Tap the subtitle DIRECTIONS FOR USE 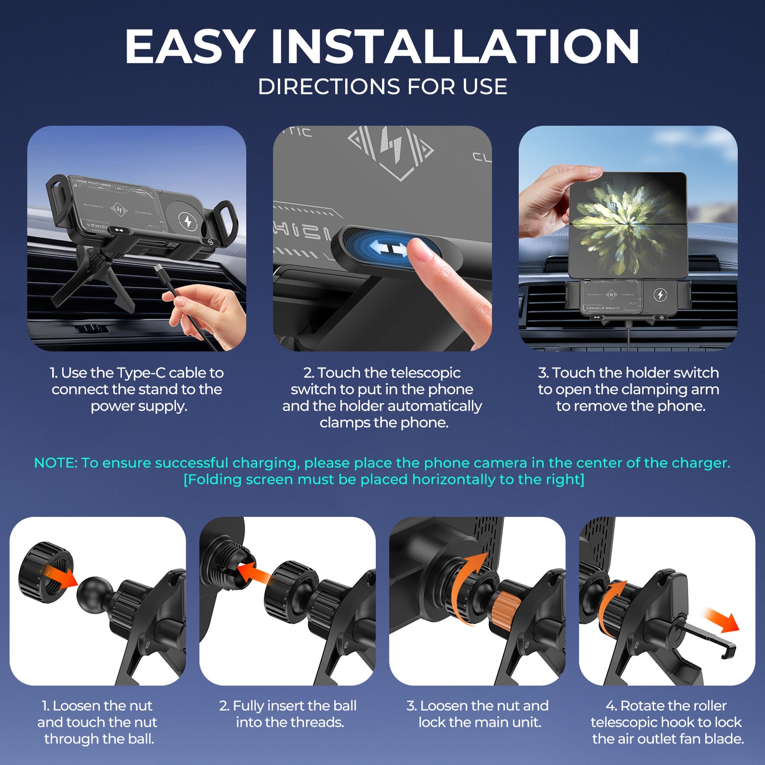coord(382,87)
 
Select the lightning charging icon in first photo coord(186,221)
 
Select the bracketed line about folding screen coord(383,480)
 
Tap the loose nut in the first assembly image coord(44,572)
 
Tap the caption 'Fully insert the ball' coord(287,706)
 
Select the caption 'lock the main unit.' coord(479,722)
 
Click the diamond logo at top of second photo coord(391,150)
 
